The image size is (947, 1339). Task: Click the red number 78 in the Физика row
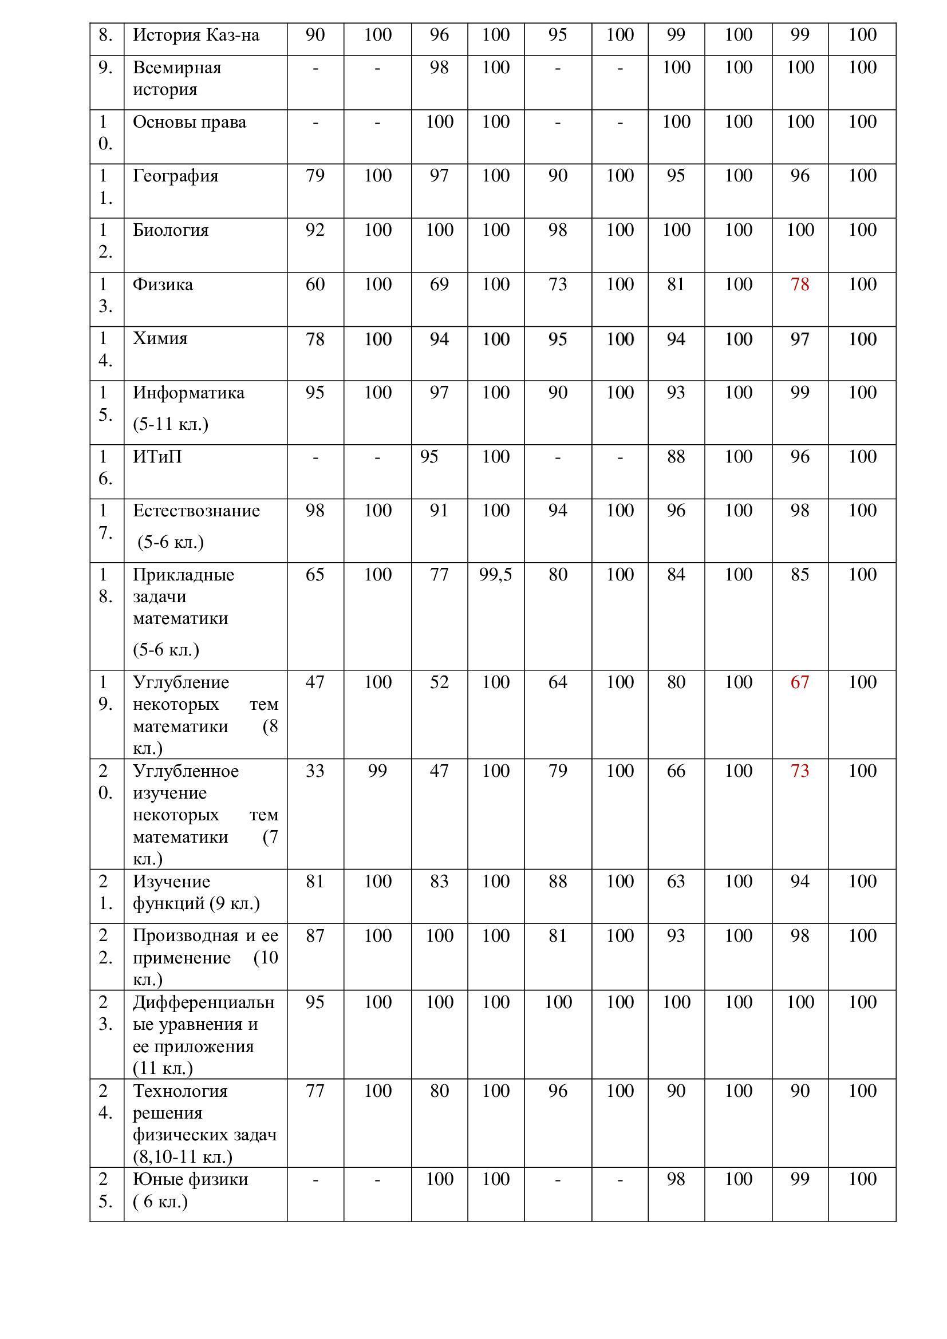pyautogui.click(x=799, y=285)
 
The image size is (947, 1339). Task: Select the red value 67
pyautogui.click(x=799, y=682)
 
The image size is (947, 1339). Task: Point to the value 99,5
pyautogui.click(x=496, y=575)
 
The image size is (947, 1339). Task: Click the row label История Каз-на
pyautogui.click(x=196, y=35)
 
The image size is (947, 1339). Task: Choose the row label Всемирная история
pyautogui.click(x=177, y=78)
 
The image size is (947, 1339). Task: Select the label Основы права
pyautogui.click(x=190, y=122)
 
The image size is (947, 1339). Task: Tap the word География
pyautogui.click(x=176, y=176)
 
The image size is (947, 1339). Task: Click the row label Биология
pyautogui.click(x=170, y=230)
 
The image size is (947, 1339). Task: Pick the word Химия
pyautogui.click(x=160, y=338)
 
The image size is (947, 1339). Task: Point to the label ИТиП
pyautogui.click(x=157, y=456)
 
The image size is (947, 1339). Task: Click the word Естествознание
pyautogui.click(x=196, y=510)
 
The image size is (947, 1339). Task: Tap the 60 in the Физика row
pyautogui.click(x=315, y=285)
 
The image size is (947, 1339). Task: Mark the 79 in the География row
pyautogui.click(x=315, y=176)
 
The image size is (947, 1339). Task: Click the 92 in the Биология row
pyautogui.click(x=315, y=230)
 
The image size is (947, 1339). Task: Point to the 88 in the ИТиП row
pyautogui.click(x=676, y=456)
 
